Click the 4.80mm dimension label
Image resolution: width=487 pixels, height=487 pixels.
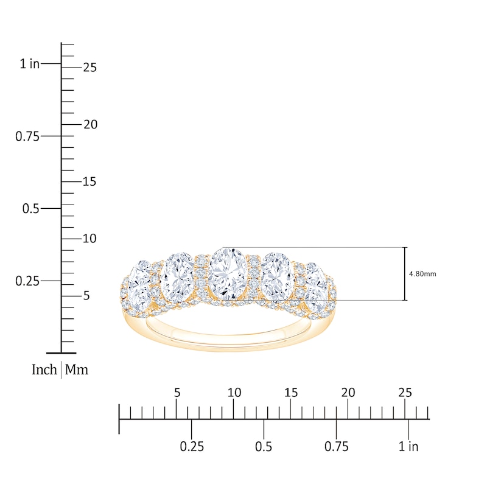coord(423,274)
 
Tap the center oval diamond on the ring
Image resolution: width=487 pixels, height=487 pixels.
coord(227,274)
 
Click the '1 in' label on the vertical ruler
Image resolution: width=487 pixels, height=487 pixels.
coord(29,63)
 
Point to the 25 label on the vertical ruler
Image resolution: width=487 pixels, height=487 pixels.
coord(89,68)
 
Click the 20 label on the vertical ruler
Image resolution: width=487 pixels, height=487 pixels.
coord(89,124)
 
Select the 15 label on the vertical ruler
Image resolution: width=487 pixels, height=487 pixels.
coord(89,181)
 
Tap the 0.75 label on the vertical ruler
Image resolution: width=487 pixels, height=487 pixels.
coord(27,136)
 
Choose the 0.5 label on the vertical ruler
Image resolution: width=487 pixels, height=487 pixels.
coord(31,209)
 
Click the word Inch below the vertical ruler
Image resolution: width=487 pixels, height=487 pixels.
coord(44,370)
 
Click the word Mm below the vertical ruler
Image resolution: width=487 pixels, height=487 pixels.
coord(77,370)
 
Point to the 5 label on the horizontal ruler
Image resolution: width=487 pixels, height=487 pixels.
coord(177,393)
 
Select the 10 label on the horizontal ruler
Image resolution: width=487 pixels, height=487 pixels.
coord(234,393)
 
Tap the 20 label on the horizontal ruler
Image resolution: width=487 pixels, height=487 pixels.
coord(348,393)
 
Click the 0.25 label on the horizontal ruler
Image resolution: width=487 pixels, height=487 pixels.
coord(192,447)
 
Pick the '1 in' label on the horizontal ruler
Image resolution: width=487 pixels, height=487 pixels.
coord(408,447)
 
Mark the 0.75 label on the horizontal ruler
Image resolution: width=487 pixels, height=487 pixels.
coord(337,447)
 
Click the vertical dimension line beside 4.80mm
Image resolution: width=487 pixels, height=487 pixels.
coord(405,274)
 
